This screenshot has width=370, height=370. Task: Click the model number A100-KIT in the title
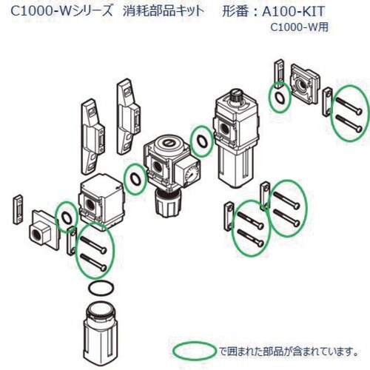coord(293,11)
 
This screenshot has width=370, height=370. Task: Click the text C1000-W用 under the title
coord(300,27)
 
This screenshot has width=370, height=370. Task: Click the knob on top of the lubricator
coord(237,95)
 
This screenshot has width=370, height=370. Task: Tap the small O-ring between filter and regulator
coord(135,178)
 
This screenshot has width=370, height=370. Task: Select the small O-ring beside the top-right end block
coord(280,98)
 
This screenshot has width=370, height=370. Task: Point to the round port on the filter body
coord(90,204)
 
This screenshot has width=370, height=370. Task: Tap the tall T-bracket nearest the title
coord(128,116)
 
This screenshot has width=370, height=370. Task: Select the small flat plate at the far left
coord(18,209)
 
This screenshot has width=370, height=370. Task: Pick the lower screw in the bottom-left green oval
coord(94,262)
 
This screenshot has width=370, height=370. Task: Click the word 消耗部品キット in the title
coord(164,11)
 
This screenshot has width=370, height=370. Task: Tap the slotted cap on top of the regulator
coord(168,143)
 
